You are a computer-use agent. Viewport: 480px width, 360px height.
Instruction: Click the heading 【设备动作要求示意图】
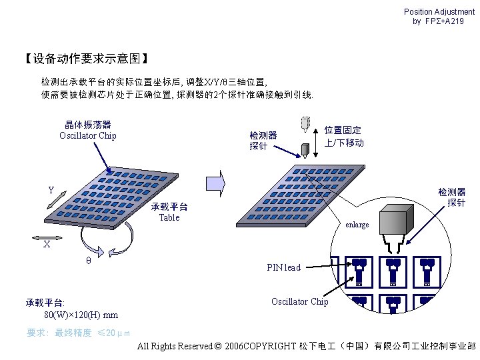click(x=86, y=59)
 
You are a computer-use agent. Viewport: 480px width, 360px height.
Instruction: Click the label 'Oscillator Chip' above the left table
click(x=87, y=136)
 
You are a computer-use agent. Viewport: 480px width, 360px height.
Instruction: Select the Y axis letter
click(x=51, y=190)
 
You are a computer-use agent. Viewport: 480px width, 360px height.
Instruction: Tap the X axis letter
click(x=47, y=245)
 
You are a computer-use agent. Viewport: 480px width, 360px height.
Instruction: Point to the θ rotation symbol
click(x=88, y=259)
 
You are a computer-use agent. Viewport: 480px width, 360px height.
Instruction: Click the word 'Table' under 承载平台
click(x=169, y=217)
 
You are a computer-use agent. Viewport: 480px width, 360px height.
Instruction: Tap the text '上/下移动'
click(x=344, y=143)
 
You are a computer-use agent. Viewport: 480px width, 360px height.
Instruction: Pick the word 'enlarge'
click(x=357, y=225)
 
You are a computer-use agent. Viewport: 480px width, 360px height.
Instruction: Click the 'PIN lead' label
click(x=284, y=267)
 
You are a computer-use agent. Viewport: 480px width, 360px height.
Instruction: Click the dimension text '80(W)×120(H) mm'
click(x=81, y=315)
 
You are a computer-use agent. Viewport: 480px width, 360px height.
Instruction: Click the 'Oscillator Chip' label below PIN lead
click(x=300, y=302)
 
